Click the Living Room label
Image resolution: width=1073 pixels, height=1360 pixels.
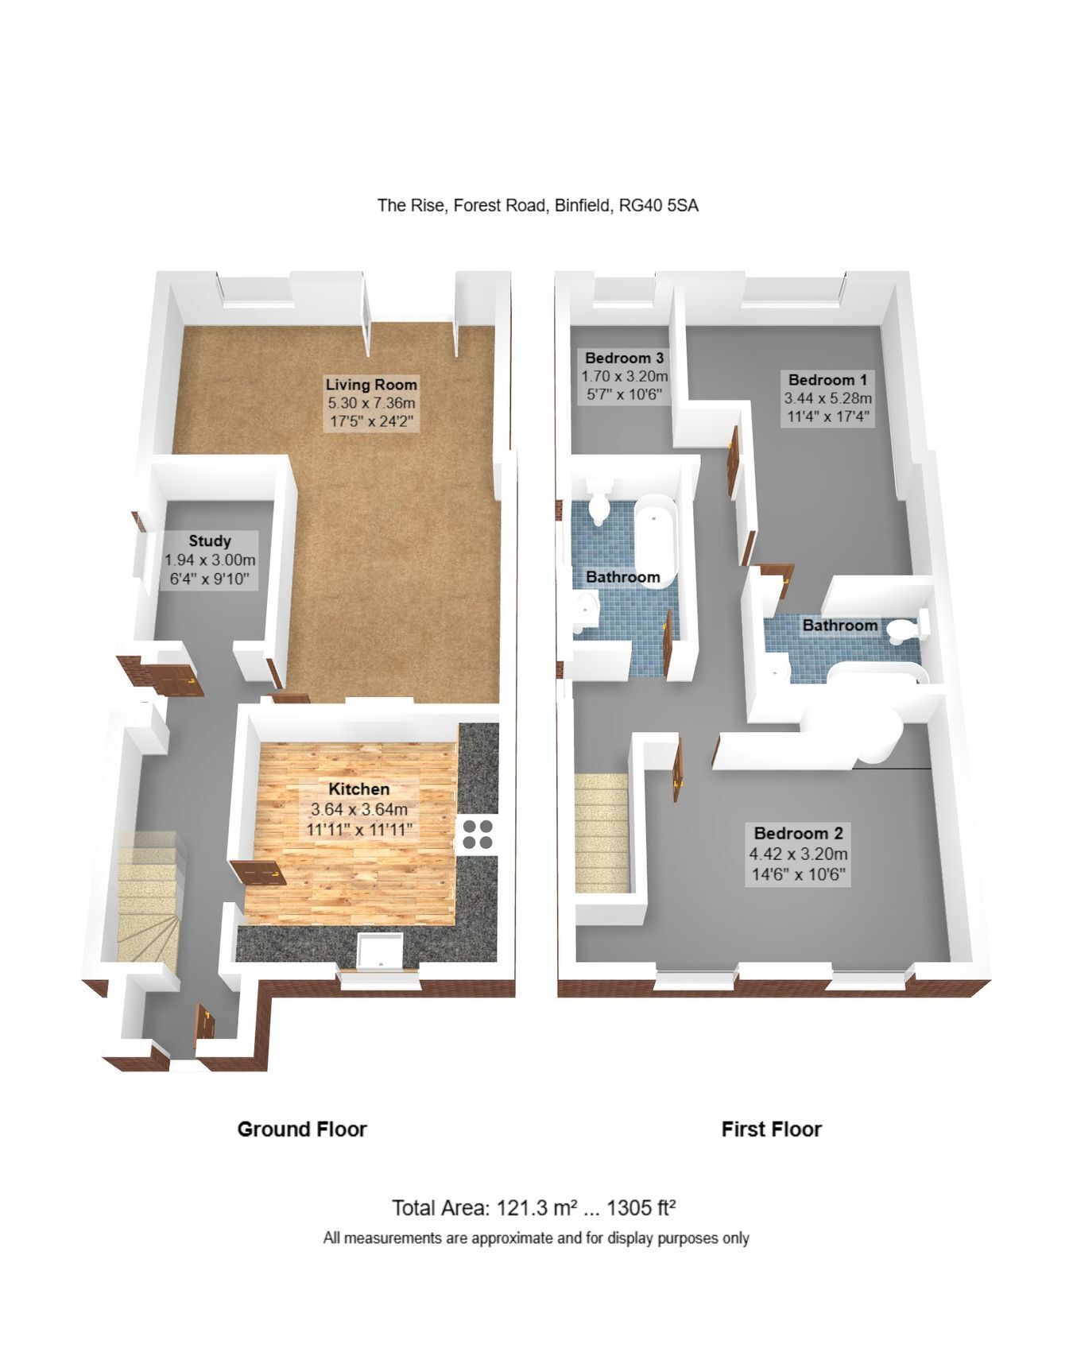click(x=371, y=385)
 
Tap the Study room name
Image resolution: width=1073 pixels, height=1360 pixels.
click(x=210, y=541)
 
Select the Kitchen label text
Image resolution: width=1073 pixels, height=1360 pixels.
click(x=359, y=789)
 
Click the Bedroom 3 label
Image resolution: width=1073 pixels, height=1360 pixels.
click(x=624, y=358)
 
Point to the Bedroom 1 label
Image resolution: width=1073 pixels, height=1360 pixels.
click(x=827, y=380)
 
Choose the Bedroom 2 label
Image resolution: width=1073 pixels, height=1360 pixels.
click(x=798, y=833)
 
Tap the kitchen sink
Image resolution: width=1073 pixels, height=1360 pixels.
click(x=381, y=951)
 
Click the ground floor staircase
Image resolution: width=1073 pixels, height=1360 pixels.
click(x=150, y=897)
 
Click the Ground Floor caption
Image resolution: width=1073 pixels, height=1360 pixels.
click(x=302, y=1129)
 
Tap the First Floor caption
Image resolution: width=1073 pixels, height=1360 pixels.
click(x=771, y=1129)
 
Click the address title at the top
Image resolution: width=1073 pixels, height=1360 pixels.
click(x=537, y=205)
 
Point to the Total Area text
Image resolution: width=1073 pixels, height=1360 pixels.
click(x=533, y=1208)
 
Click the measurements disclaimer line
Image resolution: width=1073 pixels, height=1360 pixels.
click(x=536, y=1238)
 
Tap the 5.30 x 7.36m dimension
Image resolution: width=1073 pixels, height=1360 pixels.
click(x=371, y=403)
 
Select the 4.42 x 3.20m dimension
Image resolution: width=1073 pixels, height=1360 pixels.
click(x=798, y=854)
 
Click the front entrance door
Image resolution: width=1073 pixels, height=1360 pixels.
click(x=205, y=1022)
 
